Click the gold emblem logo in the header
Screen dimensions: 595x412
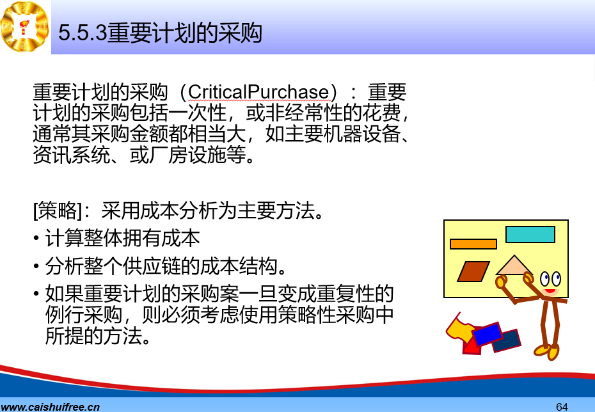point(25,26)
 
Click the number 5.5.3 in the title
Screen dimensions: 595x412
point(83,33)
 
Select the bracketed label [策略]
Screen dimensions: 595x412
point(58,210)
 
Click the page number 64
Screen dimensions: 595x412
point(562,407)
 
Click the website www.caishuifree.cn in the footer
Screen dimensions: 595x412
point(50,407)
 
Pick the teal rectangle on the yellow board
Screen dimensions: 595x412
point(530,234)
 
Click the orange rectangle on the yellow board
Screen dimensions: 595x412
point(473,244)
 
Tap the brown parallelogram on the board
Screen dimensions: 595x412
point(473,271)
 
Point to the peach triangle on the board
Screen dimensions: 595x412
point(514,266)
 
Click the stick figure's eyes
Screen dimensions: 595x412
point(551,279)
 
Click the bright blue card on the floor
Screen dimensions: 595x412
point(488,333)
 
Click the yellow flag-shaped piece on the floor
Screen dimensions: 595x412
point(460,329)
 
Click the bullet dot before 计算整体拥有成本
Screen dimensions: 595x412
point(36,238)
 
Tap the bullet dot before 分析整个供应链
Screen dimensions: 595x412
point(36,266)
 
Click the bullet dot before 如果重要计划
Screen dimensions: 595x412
point(36,294)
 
